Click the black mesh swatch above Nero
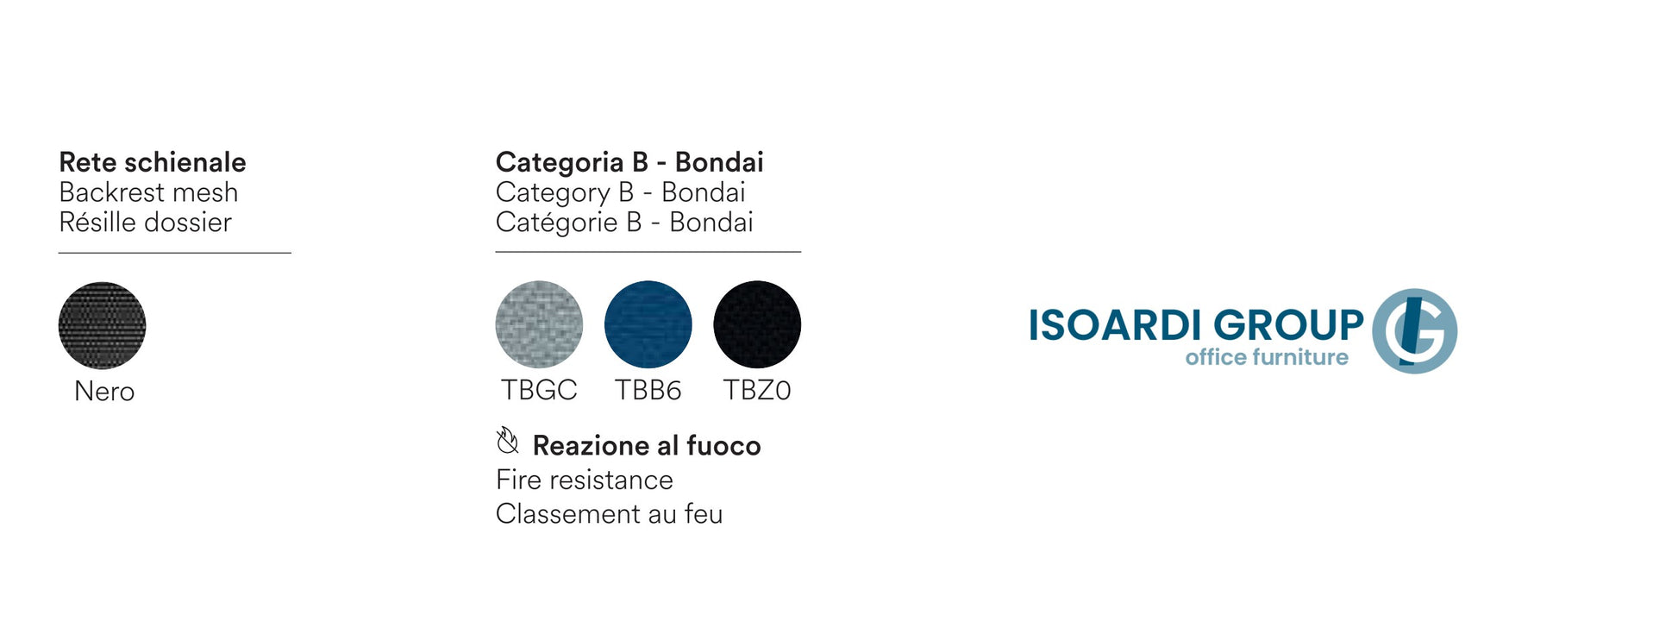pos(102,325)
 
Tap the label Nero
pos(104,392)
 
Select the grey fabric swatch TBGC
pos(539,324)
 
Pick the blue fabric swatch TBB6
pos(648,324)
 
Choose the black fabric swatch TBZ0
pos(757,324)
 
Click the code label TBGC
pos(539,391)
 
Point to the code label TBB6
pos(648,391)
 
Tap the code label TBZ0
pos(757,391)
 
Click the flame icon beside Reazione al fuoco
pos(508,441)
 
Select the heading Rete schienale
pos(153,162)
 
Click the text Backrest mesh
pos(148,192)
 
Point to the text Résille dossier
pos(145,223)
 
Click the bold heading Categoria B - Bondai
pos(629,162)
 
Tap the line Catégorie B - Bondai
pos(624,223)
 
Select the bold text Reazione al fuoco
pos(647,446)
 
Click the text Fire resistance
pos(585,480)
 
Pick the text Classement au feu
pos(609,514)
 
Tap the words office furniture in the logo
pos(1267,357)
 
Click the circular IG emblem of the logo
pos(1414,331)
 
